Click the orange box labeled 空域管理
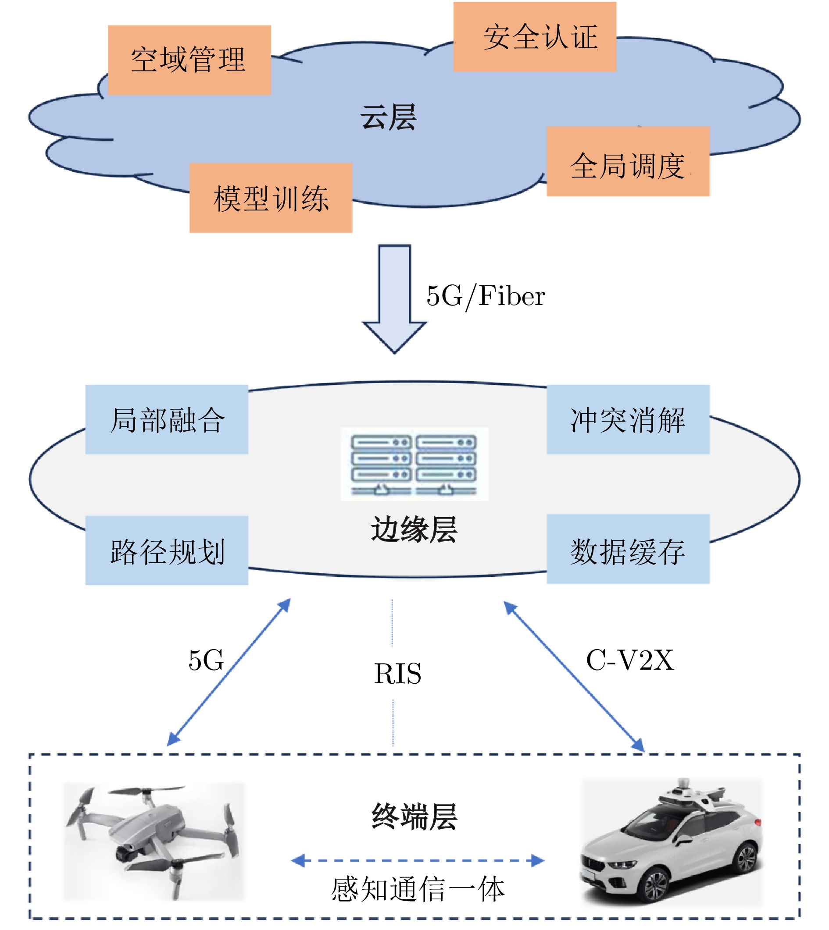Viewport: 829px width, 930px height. (189, 60)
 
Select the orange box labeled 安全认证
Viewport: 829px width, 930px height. (534, 37)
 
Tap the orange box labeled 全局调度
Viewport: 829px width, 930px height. (628, 162)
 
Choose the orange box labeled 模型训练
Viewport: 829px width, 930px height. (271, 198)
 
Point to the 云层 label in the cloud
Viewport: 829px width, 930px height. (388, 117)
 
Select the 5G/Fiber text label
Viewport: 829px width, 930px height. (486, 296)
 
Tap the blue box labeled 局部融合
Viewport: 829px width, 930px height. (167, 420)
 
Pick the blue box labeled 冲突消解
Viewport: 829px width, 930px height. (628, 420)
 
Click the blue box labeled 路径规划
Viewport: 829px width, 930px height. (167, 550)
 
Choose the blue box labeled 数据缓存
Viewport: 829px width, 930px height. (628, 550)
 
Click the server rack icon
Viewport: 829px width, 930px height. (414, 464)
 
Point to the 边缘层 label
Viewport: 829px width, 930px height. (414, 530)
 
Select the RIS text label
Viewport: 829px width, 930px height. (397, 674)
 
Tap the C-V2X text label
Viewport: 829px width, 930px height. (629, 660)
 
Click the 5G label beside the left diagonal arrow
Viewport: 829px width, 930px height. (206, 660)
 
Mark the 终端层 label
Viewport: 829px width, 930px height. (414, 817)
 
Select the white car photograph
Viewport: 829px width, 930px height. (672, 842)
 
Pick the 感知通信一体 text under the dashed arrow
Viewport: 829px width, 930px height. (418, 890)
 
